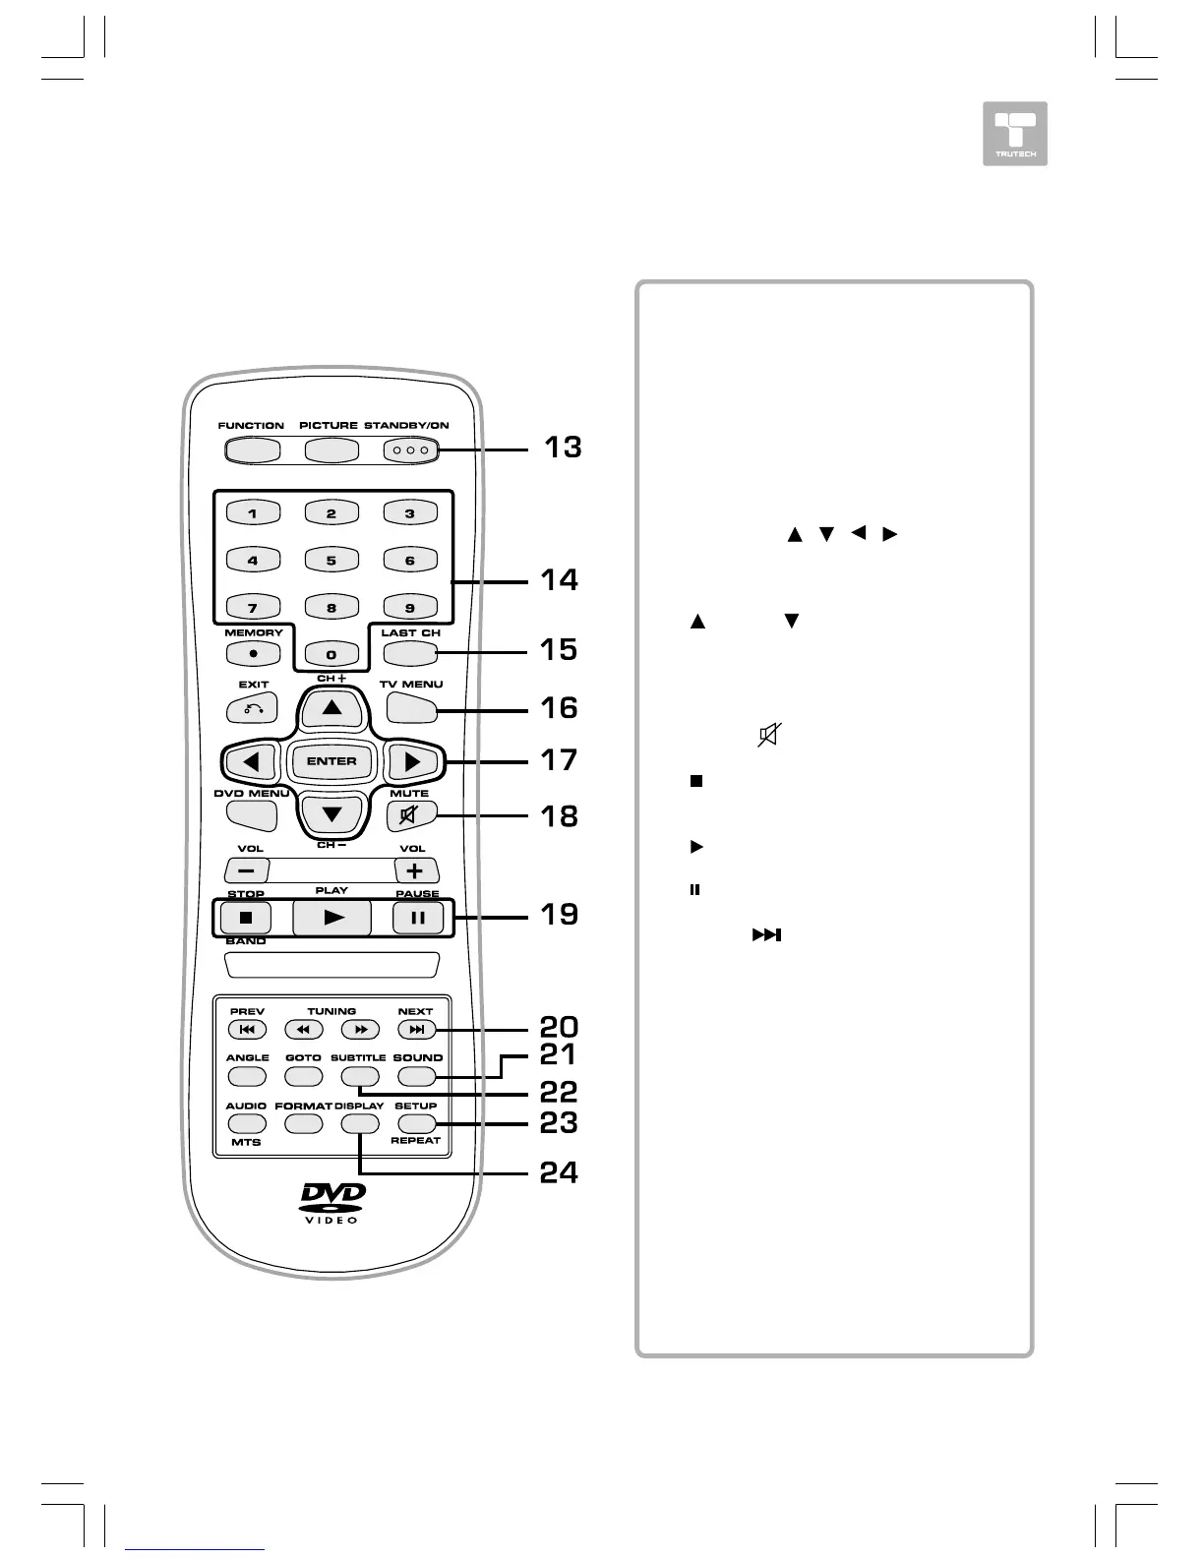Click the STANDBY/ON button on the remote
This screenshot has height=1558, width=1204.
pos(409,450)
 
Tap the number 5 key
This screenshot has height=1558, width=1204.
pos(331,561)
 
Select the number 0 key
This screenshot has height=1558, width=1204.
pos(331,654)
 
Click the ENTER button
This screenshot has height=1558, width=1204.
pos(331,761)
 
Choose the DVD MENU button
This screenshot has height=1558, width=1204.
pos(252,814)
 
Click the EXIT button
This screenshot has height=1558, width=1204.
pos(252,709)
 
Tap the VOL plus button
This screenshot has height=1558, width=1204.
pos(416,870)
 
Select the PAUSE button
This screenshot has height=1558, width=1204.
pos(418,919)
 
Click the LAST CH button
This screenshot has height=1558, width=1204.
pos(410,653)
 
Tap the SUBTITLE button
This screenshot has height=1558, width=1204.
pos(359,1077)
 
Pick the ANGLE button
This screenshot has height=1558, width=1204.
pos(248,1077)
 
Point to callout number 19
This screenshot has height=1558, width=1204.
pos(560,915)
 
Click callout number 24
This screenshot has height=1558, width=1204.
pos(559,1173)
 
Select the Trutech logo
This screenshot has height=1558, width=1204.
pos(1015,134)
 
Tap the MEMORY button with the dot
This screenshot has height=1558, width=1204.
pos(253,653)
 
